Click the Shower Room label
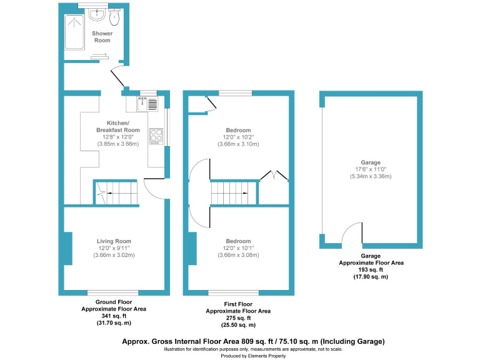pos(101,36)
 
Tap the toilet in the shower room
pos(114,14)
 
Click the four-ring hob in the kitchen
pos(156,136)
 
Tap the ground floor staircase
pos(116,193)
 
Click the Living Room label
pos(114,241)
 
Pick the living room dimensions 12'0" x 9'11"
pos(114,248)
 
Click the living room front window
pos(112,292)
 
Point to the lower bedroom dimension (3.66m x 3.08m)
pos(238,255)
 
